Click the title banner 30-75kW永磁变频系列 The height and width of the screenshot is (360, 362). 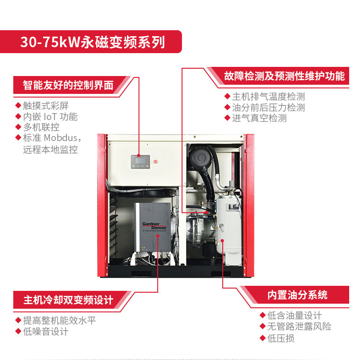(x=93, y=42)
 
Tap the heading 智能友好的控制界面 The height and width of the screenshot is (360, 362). (x=68, y=85)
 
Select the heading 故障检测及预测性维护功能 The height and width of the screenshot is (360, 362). (x=285, y=76)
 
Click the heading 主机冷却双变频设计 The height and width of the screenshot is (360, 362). (x=68, y=300)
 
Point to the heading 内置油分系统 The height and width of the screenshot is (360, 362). (x=297, y=295)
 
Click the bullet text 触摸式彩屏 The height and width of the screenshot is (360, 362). (x=46, y=106)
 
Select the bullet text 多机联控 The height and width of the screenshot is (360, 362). (x=41, y=127)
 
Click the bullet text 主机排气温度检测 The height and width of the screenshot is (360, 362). (x=269, y=97)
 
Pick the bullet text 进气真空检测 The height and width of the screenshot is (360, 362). (x=259, y=118)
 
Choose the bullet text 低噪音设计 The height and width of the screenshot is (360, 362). (x=46, y=332)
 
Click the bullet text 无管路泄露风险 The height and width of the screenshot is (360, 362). (x=299, y=326)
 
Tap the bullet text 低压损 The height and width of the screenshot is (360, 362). (x=281, y=338)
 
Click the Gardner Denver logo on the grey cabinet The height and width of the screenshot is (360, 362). (x=154, y=226)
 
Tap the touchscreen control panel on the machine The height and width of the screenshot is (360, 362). (x=140, y=162)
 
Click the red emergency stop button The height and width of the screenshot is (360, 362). (x=156, y=162)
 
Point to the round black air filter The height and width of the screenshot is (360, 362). (x=201, y=158)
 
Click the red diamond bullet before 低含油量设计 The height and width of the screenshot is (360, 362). (x=263, y=315)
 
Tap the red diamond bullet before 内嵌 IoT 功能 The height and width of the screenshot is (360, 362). (x=18, y=116)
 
